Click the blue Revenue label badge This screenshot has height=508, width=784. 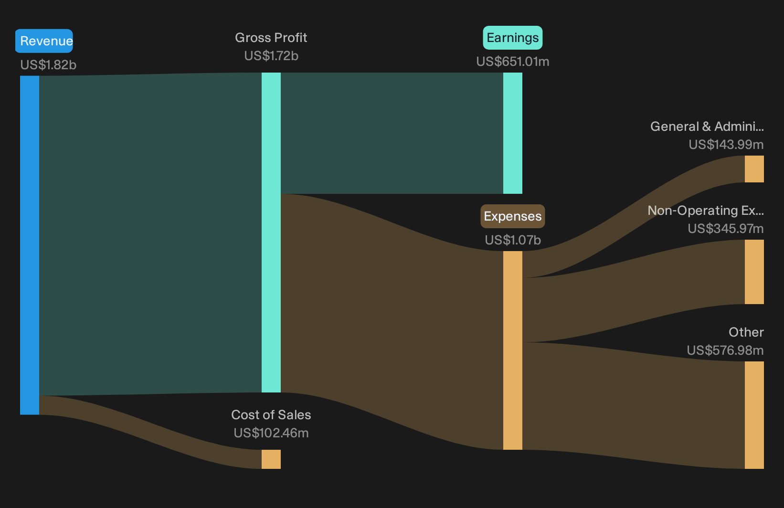[44, 41]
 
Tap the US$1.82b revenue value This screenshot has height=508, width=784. [48, 65]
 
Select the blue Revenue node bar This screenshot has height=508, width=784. [30, 245]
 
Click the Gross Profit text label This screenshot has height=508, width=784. [271, 37]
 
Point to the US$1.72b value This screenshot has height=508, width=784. [271, 56]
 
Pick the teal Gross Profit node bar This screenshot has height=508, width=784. [271, 233]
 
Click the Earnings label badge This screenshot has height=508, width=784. [513, 38]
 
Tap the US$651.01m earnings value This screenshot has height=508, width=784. [513, 62]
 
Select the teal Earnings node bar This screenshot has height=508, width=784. [513, 133]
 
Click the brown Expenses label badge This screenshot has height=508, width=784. [513, 216]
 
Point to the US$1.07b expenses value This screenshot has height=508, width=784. [513, 240]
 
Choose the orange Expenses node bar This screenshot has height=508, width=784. [513, 350]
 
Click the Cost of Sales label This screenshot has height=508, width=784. [271, 415]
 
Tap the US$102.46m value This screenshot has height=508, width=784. [271, 433]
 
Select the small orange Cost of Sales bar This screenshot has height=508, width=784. [271, 459]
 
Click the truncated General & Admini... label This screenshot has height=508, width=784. [707, 127]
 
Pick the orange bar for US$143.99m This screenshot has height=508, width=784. [754, 169]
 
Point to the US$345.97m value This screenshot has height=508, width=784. [726, 229]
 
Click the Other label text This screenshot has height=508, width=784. [746, 332]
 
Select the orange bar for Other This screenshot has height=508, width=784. [754, 415]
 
